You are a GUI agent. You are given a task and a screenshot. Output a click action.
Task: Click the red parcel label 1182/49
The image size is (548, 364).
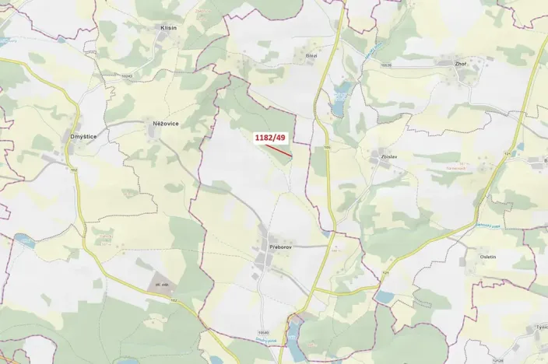[270, 138]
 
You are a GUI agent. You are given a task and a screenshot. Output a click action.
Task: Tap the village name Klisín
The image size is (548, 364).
[168, 27]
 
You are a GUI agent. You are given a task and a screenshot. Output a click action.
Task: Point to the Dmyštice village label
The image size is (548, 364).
[83, 137]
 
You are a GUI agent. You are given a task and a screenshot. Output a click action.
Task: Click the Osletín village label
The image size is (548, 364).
[487, 256]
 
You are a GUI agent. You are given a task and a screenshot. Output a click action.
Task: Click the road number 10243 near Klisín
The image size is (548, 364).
[127, 75]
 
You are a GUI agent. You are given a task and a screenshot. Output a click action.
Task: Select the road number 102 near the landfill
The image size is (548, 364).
[173, 300]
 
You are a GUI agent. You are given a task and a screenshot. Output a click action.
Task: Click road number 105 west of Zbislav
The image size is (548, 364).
[328, 147]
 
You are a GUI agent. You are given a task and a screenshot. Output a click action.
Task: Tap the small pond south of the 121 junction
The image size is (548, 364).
[385, 297]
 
